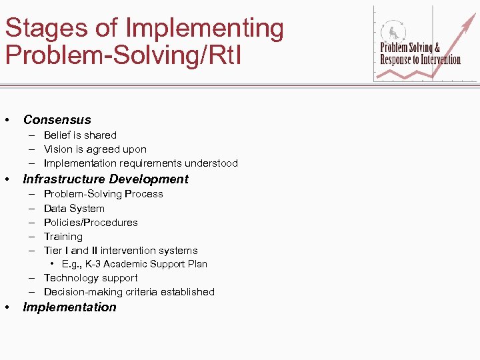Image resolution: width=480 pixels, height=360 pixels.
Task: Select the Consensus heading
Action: [x=57, y=120]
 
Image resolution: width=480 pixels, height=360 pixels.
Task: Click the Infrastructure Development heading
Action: [x=105, y=179]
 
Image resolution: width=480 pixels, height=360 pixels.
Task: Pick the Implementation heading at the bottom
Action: [x=69, y=307]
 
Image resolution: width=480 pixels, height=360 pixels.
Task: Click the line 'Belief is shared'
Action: [x=80, y=135]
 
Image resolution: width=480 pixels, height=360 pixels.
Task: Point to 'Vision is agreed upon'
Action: [x=95, y=149]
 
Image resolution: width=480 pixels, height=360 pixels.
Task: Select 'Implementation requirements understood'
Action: [x=141, y=163]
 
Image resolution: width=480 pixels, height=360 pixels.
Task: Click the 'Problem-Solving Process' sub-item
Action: [x=103, y=194]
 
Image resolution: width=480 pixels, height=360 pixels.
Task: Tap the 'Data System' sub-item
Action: [x=74, y=209]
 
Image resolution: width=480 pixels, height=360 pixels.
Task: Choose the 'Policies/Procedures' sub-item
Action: [x=91, y=223]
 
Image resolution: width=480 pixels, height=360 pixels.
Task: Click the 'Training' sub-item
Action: [x=63, y=237]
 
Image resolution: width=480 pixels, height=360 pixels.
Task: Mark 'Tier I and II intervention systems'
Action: [x=121, y=251]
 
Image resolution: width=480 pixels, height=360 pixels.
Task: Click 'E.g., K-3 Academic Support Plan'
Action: [x=134, y=264]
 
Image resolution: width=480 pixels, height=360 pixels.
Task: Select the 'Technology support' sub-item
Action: [x=91, y=278]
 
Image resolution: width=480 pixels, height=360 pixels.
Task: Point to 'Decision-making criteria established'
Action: [x=129, y=292]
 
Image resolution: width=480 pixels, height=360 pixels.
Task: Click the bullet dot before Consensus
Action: [x=7, y=121]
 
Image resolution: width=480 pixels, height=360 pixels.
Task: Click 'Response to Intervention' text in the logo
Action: [x=420, y=59]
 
